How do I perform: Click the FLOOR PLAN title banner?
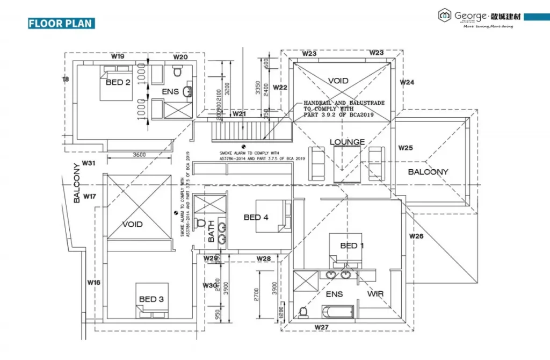point(61,23)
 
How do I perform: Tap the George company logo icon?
point(445,16)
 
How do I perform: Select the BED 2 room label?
point(118,82)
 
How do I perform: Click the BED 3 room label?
point(151,299)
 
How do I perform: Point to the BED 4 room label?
point(256,217)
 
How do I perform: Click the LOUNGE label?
point(347,142)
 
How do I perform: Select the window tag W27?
point(322,327)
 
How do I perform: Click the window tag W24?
point(407,82)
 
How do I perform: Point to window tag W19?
point(118,56)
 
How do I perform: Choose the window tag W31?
point(89,163)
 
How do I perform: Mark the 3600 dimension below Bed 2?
point(139,155)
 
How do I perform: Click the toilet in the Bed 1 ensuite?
point(303,312)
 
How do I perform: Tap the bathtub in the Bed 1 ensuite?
point(337,312)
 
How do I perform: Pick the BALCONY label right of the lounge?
point(428,172)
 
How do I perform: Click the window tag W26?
point(416,236)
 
